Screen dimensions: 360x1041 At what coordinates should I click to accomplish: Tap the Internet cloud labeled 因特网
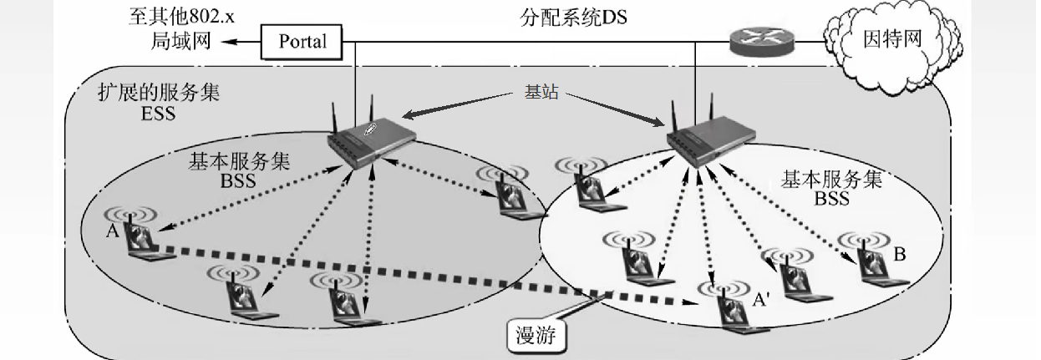[891, 39]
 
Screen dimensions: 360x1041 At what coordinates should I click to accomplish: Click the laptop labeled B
[864, 259]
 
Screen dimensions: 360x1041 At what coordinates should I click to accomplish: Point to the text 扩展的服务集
[160, 93]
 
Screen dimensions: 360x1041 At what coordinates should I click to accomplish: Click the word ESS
[159, 113]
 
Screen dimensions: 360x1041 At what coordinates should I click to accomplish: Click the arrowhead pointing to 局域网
[232, 41]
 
